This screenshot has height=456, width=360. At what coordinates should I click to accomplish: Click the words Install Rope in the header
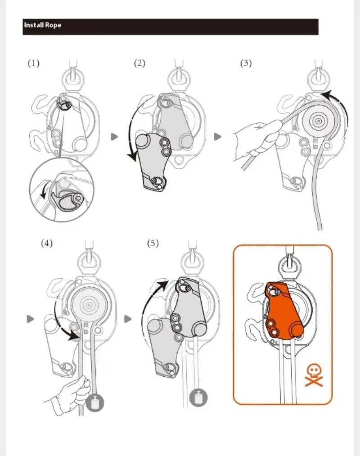pyautogui.click(x=42, y=25)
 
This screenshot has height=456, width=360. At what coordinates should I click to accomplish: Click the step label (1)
pyautogui.click(x=33, y=63)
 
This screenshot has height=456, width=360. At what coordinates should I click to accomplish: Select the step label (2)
pyautogui.click(x=139, y=63)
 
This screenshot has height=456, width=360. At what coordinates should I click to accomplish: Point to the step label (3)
pyautogui.click(x=246, y=63)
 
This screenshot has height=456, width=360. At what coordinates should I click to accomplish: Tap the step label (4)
pyautogui.click(x=47, y=243)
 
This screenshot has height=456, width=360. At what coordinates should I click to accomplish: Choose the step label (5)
pyautogui.click(x=153, y=243)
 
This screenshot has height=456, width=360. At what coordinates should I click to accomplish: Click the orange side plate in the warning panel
pyautogui.click(x=283, y=311)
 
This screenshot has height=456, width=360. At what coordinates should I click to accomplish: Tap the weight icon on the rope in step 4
pyautogui.click(x=95, y=403)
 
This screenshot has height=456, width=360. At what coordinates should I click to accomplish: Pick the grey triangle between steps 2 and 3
pyautogui.click(x=217, y=136)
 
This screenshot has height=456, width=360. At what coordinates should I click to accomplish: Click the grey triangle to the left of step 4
pyautogui.click(x=30, y=319)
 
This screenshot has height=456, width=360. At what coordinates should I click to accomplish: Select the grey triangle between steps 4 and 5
pyautogui.click(x=128, y=319)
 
